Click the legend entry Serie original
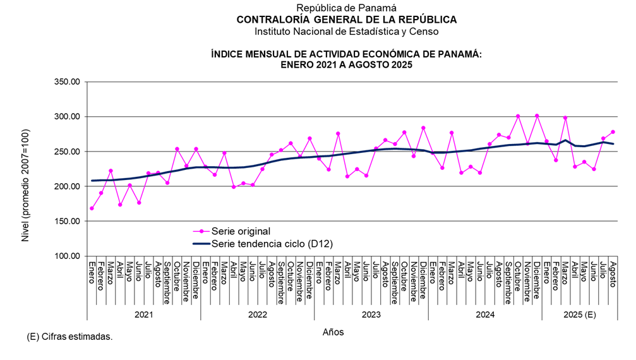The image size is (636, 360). pyautogui.click(x=241, y=231)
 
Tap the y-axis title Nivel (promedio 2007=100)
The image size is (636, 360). pyautogui.click(x=26, y=169)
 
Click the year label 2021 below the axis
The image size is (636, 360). pyautogui.click(x=143, y=314)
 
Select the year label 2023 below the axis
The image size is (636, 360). pyautogui.click(x=371, y=314)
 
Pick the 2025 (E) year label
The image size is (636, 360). pyautogui.click(x=579, y=314)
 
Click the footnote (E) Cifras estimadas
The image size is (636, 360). pyautogui.click(x=69, y=337)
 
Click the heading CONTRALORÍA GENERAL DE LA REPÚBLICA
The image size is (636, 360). pyautogui.click(x=346, y=20)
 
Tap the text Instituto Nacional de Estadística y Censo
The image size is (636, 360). pyautogui.click(x=346, y=31)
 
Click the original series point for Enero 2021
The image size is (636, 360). pyautogui.click(x=92, y=208)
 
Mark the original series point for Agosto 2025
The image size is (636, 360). pyautogui.click(x=613, y=132)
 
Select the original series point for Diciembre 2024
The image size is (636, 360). pyautogui.click(x=537, y=116)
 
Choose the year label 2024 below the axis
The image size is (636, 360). pyautogui.click(x=484, y=314)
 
